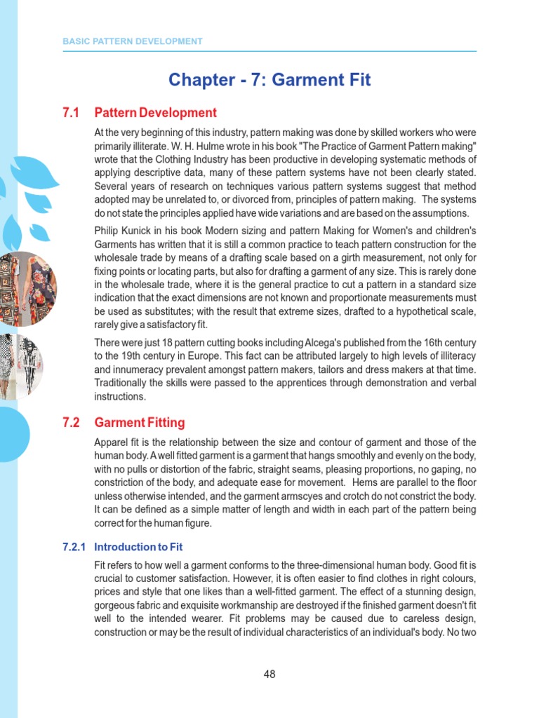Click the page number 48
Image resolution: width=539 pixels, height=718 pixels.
coord(269,675)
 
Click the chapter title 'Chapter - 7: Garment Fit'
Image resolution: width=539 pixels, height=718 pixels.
coord(269,80)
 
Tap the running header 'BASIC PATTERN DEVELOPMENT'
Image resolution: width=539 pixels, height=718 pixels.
coord(133,41)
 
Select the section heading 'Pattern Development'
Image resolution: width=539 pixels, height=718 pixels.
coord(155,113)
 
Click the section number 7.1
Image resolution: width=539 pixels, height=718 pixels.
coord(72,113)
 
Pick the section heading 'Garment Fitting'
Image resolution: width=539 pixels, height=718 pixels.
coord(140,423)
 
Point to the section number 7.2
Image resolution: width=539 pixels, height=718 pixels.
coord(72,423)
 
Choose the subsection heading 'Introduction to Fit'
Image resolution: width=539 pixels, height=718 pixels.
coord(138,547)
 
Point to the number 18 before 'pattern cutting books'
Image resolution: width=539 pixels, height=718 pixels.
coord(161,343)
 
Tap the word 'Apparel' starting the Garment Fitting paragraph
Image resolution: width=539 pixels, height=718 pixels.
coord(111,442)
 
